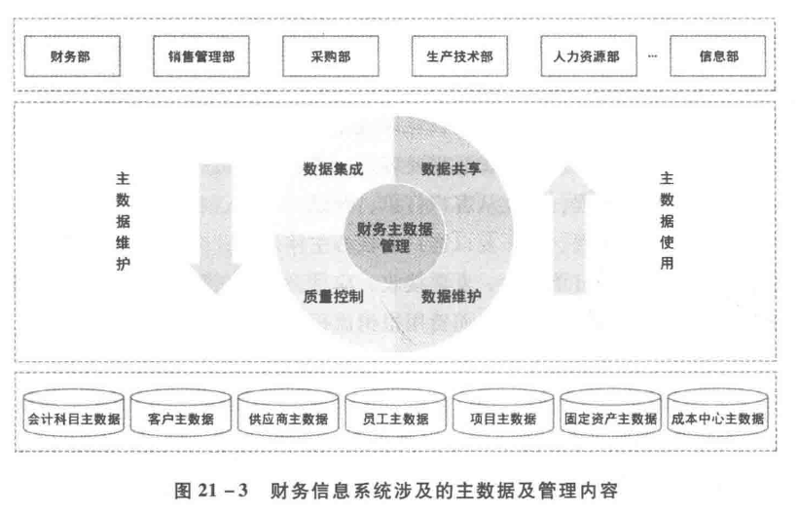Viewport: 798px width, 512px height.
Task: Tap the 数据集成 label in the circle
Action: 333,168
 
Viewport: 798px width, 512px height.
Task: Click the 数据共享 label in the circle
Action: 451,168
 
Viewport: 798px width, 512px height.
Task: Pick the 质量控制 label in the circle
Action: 333,295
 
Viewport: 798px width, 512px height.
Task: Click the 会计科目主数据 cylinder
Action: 74,420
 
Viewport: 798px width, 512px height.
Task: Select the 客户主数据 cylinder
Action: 181,420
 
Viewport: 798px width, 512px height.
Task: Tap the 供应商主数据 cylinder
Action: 288,420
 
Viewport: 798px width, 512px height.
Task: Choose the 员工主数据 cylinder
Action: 395,420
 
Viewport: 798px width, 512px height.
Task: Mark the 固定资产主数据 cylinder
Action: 610,420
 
